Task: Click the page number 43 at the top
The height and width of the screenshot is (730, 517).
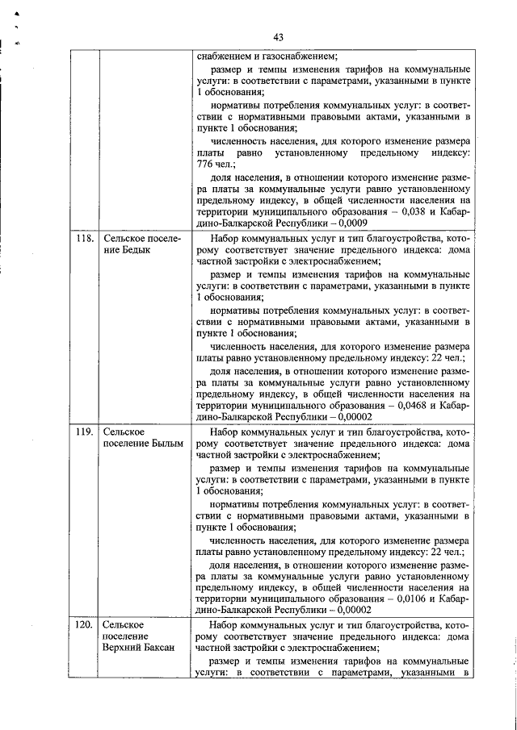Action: (x=277, y=37)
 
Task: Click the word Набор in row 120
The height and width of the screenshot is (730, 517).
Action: (x=225, y=625)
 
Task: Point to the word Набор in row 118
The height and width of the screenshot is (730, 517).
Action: (x=225, y=239)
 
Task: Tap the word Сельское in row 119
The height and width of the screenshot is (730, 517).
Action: (x=124, y=432)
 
